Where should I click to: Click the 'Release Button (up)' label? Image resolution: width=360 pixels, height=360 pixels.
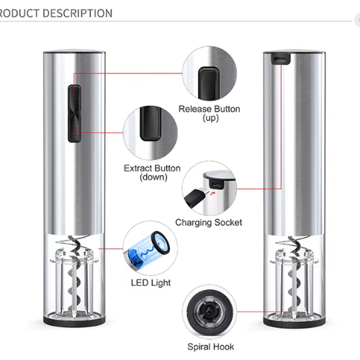click(x=210, y=113)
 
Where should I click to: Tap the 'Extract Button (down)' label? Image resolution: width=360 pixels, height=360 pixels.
click(x=152, y=173)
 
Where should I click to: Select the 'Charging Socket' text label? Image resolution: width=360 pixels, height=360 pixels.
click(x=209, y=222)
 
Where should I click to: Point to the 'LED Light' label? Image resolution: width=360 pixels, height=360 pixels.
click(x=150, y=283)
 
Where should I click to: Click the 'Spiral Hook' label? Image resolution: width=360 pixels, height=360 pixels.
click(x=211, y=347)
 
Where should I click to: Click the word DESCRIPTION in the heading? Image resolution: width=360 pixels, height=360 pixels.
click(x=77, y=13)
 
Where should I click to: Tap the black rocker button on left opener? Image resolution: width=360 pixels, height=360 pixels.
click(x=74, y=113)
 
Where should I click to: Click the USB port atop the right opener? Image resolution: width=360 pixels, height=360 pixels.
click(x=281, y=59)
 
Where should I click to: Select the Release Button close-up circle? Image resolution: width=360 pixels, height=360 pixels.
click(x=210, y=73)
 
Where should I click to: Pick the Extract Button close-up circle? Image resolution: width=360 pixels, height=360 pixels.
click(x=150, y=132)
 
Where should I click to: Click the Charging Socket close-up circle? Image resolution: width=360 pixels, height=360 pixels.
click(x=210, y=189)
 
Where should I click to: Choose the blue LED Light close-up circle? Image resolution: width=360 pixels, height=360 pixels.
click(x=150, y=248)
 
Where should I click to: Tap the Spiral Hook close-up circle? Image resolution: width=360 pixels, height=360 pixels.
click(x=210, y=312)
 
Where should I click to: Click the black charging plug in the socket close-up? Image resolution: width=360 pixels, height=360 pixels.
click(x=195, y=198)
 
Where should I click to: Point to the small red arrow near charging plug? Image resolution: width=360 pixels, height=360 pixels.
click(x=212, y=193)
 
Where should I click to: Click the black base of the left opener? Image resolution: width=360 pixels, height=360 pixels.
click(x=74, y=321)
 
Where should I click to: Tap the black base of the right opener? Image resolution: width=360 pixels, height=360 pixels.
click(x=294, y=322)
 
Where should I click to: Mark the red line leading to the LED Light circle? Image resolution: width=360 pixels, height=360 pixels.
click(x=111, y=248)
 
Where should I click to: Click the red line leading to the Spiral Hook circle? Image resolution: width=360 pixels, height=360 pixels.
click(x=264, y=312)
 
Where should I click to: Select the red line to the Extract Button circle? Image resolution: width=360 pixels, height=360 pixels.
click(x=99, y=132)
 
